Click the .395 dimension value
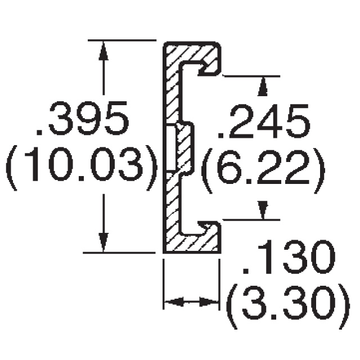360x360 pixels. [82, 119]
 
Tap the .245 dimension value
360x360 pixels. [264, 121]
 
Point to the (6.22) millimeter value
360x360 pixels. [263, 171]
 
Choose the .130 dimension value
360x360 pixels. [289, 256]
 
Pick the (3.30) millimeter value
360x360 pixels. [288, 306]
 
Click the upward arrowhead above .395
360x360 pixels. [103, 51]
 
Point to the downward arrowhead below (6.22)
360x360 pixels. [263, 210]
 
